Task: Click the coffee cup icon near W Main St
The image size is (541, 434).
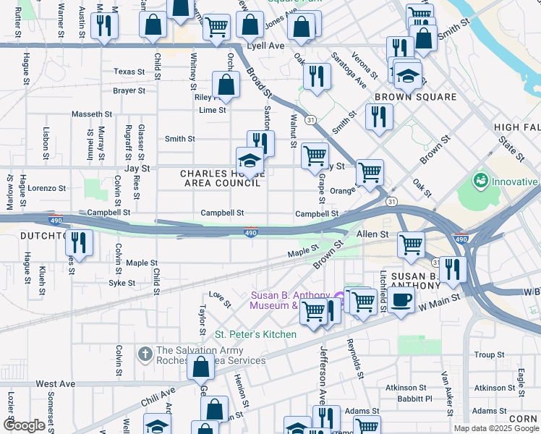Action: click(401, 299)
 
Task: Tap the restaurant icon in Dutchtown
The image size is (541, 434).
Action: click(80, 243)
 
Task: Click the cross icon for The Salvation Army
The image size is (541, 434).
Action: click(145, 354)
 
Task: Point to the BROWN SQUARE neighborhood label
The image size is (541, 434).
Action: click(415, 97)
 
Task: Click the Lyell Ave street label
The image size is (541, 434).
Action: click(265, 45)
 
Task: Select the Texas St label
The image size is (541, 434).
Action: click(129, 72)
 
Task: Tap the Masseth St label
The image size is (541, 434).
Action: click(92, 114)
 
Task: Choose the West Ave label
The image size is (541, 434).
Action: click(56, 384)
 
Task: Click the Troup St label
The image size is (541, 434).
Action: click(490, 355)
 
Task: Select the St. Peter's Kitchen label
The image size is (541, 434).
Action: click(255, 334)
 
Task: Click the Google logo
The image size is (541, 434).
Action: click(24, 425)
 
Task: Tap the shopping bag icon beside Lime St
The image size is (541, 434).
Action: click(226, 84)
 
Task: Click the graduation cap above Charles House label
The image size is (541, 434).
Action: click(250, 160)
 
